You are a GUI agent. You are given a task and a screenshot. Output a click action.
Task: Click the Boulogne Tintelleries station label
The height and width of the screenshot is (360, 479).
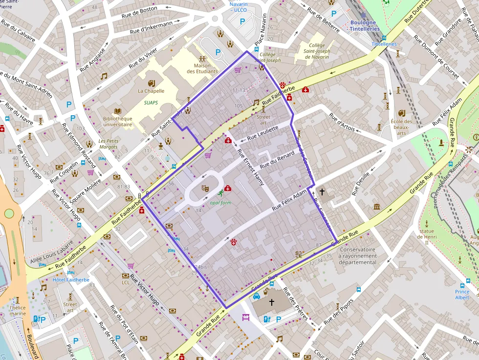click(x=364, y=26)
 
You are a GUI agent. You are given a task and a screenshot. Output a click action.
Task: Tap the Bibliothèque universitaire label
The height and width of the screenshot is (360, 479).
click(x=117, y=121)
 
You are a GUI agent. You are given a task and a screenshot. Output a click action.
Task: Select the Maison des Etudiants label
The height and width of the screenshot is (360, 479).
click(x=202, y=68)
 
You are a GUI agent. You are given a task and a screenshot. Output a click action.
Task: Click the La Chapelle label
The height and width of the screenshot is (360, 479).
click(x=151, y=91)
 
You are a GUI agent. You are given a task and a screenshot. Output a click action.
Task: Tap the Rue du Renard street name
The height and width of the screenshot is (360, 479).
click(x=277, y=160)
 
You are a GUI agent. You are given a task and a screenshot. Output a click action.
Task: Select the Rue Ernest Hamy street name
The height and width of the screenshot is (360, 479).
click(x=251, y=167)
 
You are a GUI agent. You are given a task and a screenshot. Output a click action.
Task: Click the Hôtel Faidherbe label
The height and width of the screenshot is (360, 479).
click(x=71, y=280)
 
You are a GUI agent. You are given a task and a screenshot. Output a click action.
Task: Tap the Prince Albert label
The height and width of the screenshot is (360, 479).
click(x=462, y=295)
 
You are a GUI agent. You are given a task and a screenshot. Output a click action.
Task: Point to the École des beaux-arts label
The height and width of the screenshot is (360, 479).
click(x=401, y=127)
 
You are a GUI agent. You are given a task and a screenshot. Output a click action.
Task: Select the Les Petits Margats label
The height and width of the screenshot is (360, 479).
click(x=109, y=144)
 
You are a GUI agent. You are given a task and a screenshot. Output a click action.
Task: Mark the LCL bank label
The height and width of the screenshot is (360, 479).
click(x=126, y=282)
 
